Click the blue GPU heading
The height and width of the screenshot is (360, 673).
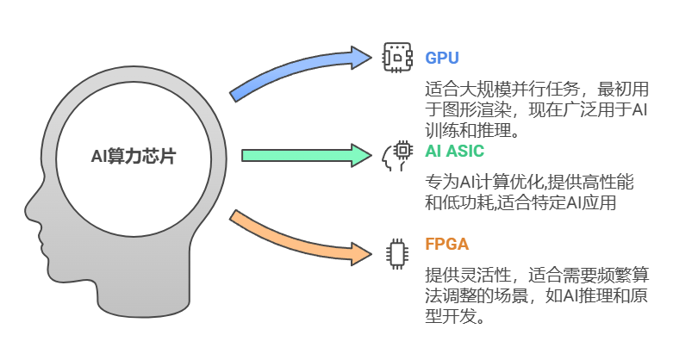point(442,59)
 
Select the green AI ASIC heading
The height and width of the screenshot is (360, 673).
point(455,152)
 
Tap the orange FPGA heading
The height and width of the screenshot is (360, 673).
point(447,245)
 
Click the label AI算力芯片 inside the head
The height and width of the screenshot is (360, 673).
point(138,156)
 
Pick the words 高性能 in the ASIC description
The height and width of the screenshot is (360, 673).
point(608,182)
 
